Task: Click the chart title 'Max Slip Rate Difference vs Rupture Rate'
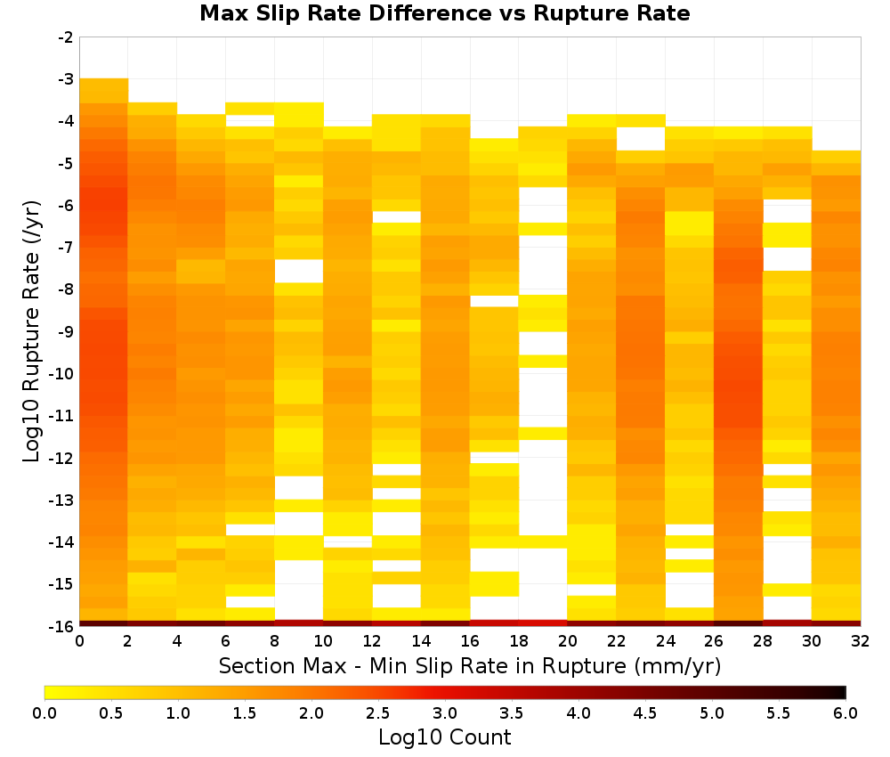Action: pos(444,13)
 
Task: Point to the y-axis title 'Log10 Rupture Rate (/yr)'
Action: pos(32,331)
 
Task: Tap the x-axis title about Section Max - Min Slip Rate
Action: pos(470,666)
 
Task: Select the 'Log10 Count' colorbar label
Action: pos(444,737)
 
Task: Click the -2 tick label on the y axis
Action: pos(66,37)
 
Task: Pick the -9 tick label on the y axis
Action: pos(66,331)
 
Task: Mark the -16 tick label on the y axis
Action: pos(62,626)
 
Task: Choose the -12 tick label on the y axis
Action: pos(62,459)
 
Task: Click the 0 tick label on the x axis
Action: pos(79,641)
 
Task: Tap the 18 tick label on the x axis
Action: pos(519,641)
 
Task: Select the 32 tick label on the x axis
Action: pos(861,641)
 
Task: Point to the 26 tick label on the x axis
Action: pos(714,641)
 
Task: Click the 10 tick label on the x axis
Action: pos(324,641)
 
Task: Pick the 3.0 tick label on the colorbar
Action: pos(445,713)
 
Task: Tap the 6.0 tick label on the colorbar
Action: pos(845,713)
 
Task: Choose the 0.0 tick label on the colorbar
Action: pos(44,713)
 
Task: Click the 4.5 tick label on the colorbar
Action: pos(645,713)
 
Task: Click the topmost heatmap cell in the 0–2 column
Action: pos(104,91)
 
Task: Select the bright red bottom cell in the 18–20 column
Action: pos(543,623)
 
